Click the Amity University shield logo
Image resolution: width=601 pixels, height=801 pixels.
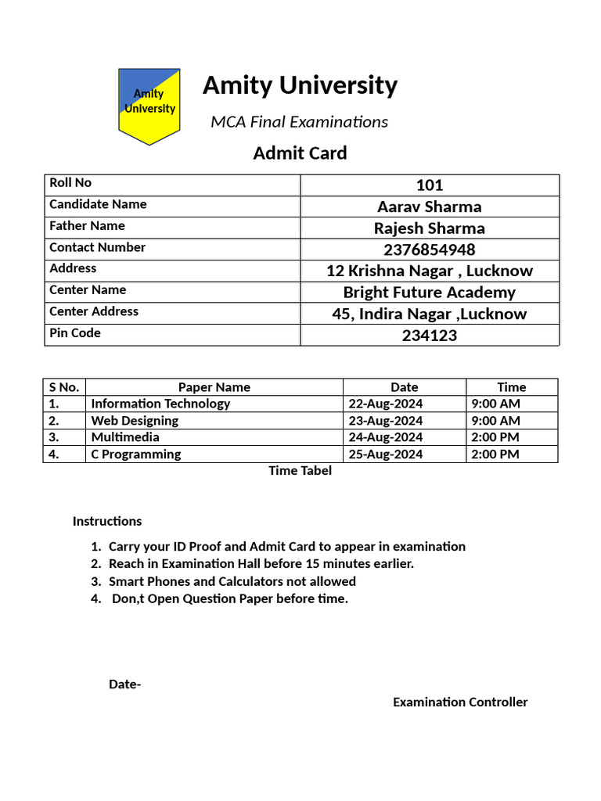point(149,105)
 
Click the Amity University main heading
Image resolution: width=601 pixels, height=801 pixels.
point(300,85)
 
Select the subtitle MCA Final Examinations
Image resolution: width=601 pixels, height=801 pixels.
point(300,122)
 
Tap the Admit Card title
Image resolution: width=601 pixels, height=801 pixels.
point(300,153)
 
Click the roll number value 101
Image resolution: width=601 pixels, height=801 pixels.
point(429,185)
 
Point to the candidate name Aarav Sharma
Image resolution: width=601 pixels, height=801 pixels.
point(429,207)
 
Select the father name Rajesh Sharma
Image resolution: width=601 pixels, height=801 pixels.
point(429,228)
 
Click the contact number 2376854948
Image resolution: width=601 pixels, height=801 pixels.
point(429,250)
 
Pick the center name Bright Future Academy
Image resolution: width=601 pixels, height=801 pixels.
point(429,293)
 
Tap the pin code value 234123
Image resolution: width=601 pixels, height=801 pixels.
point(429,336)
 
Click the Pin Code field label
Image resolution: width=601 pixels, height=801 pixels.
point(75,333)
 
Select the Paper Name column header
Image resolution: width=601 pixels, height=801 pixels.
point(214,387)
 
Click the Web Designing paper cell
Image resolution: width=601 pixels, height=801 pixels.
point(135,421)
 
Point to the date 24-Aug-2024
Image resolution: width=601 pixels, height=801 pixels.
point(385,437)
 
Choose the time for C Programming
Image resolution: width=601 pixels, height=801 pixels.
point(495,454)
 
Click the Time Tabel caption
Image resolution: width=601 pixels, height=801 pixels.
point(300,471)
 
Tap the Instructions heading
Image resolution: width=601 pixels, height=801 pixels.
point(107,521)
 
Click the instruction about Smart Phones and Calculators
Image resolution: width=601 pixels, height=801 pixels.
point(232,581)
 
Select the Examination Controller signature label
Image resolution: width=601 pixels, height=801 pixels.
point(460,702)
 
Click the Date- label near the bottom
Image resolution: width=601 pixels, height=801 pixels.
point(124,685)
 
